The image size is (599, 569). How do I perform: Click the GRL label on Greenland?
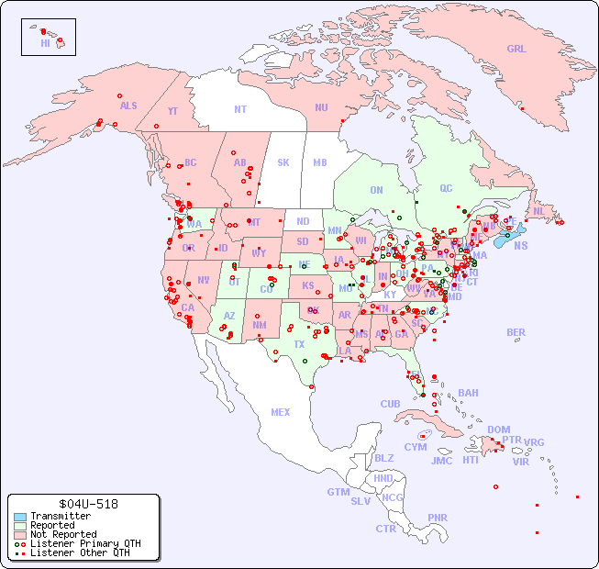click(x=516, y=49)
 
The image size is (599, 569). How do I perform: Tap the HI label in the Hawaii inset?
click(x=45, y=42)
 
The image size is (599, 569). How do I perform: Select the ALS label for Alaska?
click(x=128, y=106)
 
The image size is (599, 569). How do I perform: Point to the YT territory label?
click(x=172, y=111)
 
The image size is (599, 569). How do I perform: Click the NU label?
click(x=321, y=107)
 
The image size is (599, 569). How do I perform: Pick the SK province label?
click(x=283, y=162)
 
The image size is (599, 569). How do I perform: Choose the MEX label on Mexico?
click(x=281, y=412)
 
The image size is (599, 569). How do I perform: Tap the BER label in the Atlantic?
click(x=516, y=332)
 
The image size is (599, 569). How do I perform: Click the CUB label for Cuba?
click(x=391, y=404)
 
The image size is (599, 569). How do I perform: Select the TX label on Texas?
click(x=299, y=344)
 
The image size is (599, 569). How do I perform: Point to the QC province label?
click(x=446, y=188)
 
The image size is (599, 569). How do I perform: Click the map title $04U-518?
click(x=83, y=504)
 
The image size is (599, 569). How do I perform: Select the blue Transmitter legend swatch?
click(x=20, y=517)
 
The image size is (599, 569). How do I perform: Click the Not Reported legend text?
click(x=63, y=534)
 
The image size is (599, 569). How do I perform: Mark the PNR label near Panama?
click(x=438, y=518)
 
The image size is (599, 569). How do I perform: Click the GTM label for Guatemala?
click(x=338, y=492)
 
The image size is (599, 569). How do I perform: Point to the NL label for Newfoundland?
click(x=539, y=211)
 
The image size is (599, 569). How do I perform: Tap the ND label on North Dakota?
click(x=303, y=221)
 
